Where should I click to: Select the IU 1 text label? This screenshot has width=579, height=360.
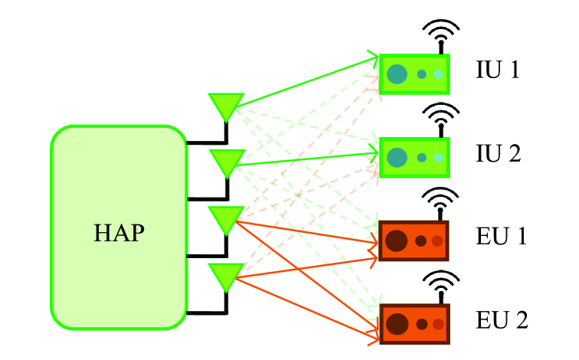click(497, 70)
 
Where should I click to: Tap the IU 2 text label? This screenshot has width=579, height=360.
click(497, 154)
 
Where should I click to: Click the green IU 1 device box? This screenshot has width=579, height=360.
click(414, 74)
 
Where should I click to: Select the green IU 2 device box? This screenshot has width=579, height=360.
click(414, 157)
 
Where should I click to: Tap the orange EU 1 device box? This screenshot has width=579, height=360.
click(414, 241)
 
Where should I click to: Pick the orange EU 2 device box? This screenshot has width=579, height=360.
click(414, 324)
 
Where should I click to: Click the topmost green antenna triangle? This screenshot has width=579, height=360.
click(226, 105)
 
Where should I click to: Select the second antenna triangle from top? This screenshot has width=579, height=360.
click(226, 161)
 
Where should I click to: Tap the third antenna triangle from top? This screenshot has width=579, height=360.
click(226, 218)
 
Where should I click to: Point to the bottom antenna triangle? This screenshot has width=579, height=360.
click(226, 274)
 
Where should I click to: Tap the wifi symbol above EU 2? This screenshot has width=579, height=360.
click(441, 284)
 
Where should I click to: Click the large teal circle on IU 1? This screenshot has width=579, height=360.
click(397, 74)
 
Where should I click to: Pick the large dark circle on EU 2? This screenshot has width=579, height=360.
click(396, 324)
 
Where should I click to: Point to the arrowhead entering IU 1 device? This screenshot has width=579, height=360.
click(375, 55)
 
